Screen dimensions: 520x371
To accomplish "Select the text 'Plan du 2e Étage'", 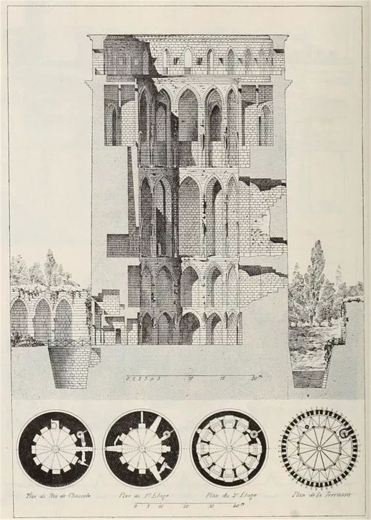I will [228, 495].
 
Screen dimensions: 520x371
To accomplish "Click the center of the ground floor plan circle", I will [56, 449].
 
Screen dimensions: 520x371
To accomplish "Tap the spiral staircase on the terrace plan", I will [345, 433].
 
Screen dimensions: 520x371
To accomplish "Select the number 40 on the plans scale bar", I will [239, 507].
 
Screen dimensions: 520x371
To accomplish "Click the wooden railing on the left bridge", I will [70, 343].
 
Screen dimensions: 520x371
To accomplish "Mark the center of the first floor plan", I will [141, 449].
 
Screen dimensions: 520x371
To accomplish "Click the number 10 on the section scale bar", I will [191, 379].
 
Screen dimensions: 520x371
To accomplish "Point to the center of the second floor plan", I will [229, 449].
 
